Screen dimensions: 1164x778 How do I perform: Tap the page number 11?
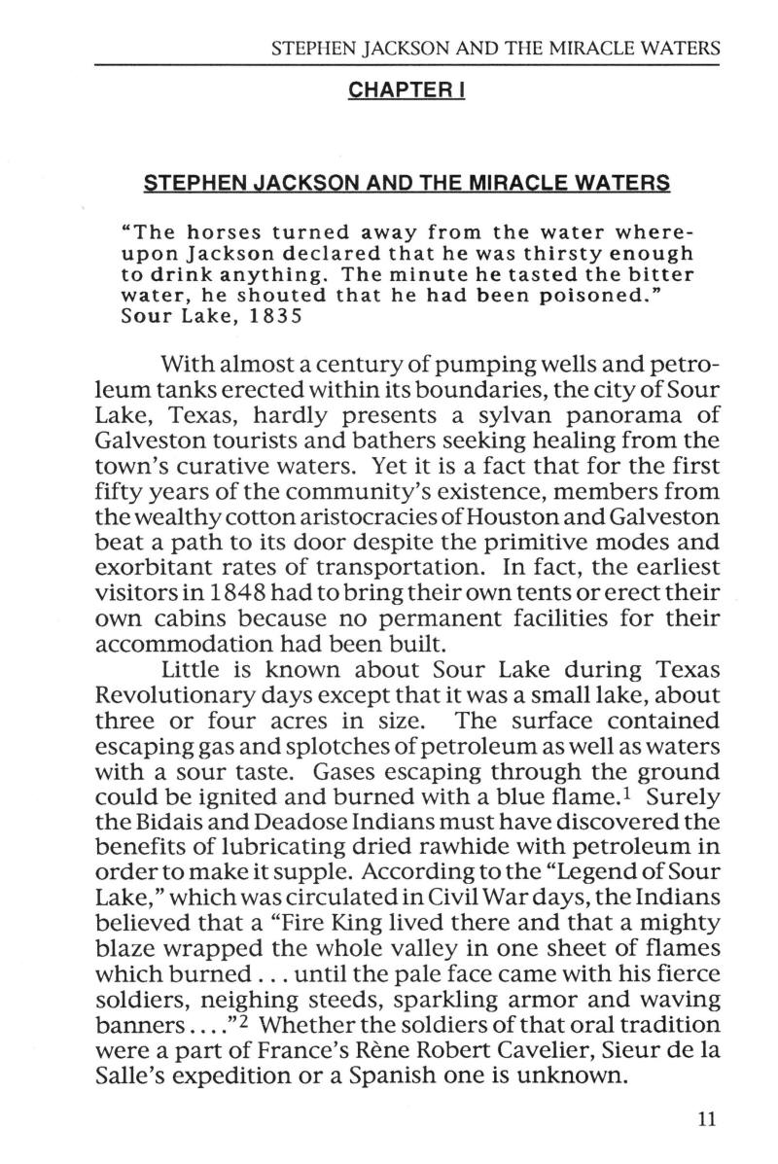coord(706,1119)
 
